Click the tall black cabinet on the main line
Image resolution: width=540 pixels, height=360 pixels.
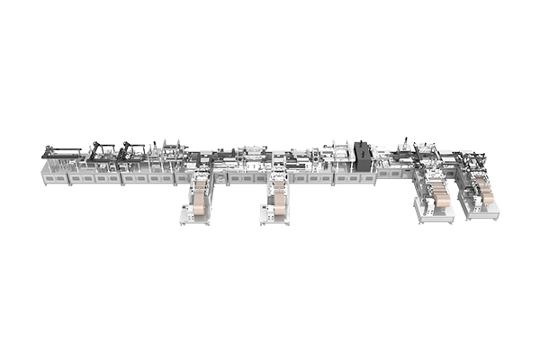pyautogui.click(x=363, y=155)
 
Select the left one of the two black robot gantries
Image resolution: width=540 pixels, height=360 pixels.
pyautogui.click(x=102, y=149)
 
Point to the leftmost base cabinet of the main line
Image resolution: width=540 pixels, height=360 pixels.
pyautogui.click(x=54, y=177)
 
